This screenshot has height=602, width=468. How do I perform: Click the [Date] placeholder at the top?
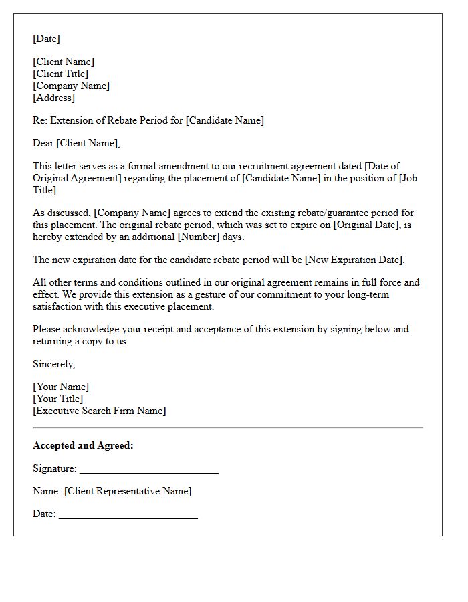point(46,39)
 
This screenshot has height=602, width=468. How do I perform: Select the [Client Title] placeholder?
point(60,74)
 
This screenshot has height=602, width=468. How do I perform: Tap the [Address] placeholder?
point(53,98)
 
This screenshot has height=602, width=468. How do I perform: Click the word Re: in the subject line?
point(40,120)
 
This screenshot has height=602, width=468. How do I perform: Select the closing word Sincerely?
point(53,364)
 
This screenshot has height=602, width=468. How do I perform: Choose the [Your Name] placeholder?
point(61,387)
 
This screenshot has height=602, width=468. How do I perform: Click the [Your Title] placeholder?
point(58,399)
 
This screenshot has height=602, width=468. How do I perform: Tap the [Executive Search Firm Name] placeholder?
point(100,411)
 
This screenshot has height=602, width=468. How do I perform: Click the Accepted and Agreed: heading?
point(83,445)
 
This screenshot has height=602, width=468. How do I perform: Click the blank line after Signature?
point(148,470)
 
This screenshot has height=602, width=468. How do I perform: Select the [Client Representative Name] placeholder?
point(128,491)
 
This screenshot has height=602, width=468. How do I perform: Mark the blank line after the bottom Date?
point(128,516)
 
